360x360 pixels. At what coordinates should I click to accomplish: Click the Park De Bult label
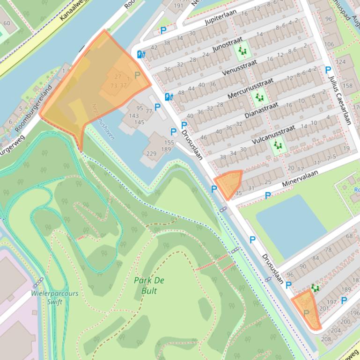coord(145,286)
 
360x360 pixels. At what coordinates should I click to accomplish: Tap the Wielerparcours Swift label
coord(55,297)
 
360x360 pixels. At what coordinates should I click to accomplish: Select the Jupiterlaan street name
coord(221,17)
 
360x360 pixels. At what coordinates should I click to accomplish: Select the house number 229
coord(152,153)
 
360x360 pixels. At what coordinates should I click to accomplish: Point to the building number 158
coord(347,86)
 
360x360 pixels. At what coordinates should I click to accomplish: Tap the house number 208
coord(326,339)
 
